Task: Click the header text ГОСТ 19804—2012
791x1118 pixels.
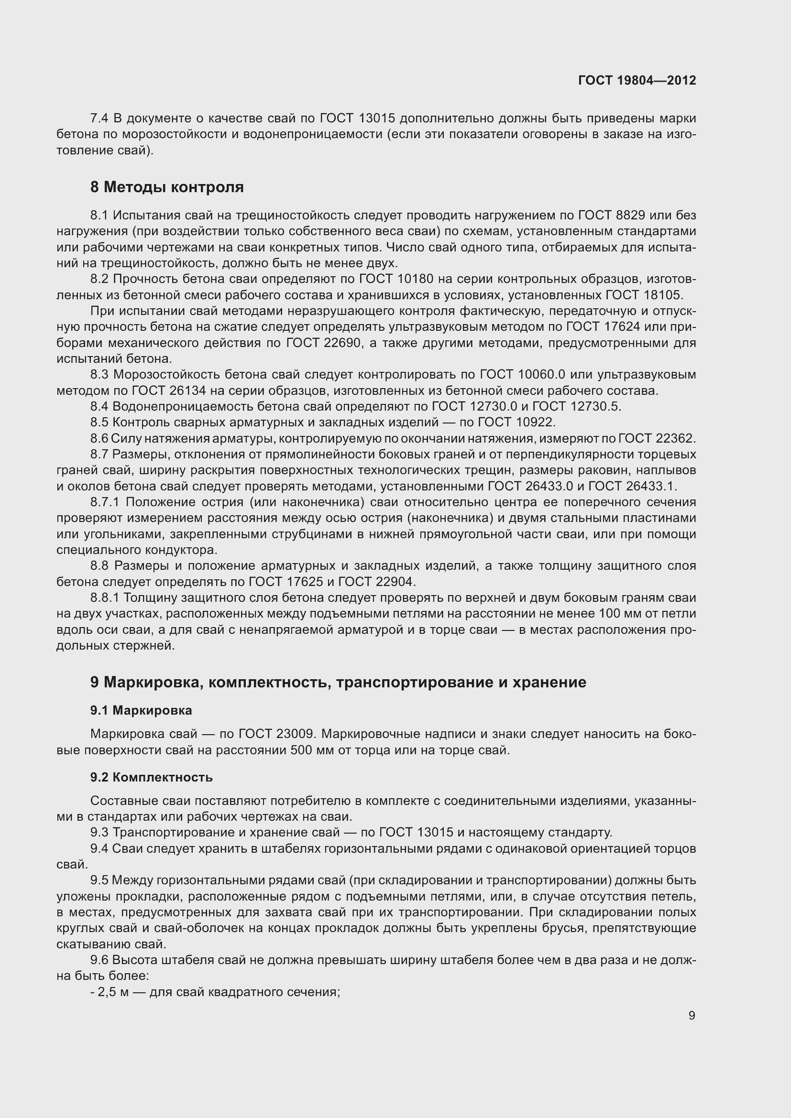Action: (637, 80)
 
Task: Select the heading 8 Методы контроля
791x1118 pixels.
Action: (166, 187)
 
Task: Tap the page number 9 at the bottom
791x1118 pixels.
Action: (692, 1015)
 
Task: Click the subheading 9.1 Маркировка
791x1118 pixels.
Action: (141, 710)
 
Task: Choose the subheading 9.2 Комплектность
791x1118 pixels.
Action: (151, 777)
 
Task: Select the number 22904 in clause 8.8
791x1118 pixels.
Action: (395, 581)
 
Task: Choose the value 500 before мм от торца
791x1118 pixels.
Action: (302, 750)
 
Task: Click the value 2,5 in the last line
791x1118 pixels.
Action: (107, 992)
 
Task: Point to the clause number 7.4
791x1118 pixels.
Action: (99, 119)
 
